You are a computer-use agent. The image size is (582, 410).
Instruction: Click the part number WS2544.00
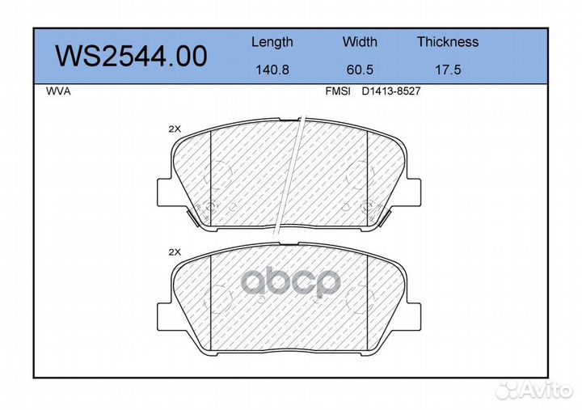pos(131,57)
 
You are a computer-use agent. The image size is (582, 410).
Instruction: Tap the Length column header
pos(272,42)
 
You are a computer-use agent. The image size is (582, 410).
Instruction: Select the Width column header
pos(360,41)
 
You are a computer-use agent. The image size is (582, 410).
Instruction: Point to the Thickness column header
pos(448,41)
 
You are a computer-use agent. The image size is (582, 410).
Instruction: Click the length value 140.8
pos(272,70)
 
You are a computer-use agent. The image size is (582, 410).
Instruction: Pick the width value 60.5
pos(360,70)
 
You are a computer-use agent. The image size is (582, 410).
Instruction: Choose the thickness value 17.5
pos(448,70)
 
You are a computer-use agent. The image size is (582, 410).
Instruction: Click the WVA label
pos(58,91)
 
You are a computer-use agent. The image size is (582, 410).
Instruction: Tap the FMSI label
pos(338,91)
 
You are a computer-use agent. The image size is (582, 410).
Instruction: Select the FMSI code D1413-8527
pos(391,91)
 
